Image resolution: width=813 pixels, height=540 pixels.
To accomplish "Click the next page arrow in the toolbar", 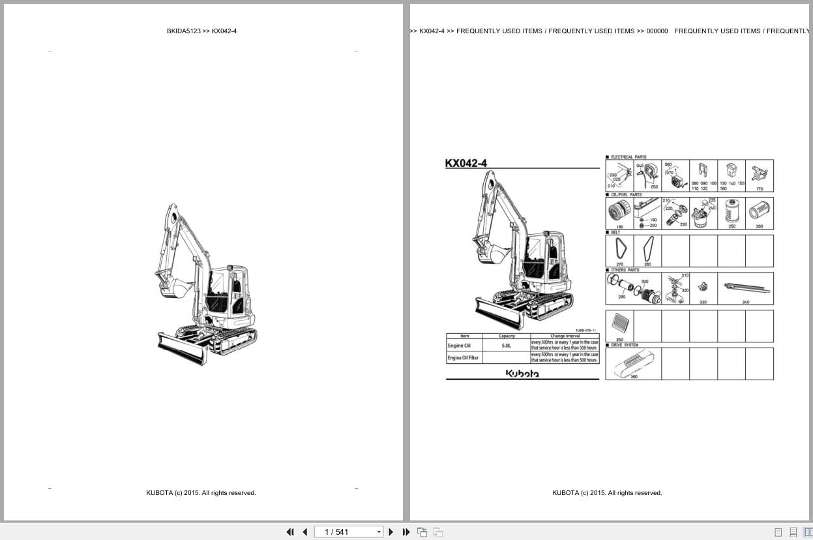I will (x=391, y=532).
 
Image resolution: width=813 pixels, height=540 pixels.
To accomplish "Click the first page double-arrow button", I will (x=290, y=532).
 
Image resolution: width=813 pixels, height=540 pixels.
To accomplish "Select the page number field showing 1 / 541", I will (x=346, y=532).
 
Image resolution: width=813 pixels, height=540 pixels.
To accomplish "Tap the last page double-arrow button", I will (x=406, y=532).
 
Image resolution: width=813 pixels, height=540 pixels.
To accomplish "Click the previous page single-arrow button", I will (x=304, y=532).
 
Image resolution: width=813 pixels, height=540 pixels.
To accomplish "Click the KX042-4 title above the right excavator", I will (x=466, y=164).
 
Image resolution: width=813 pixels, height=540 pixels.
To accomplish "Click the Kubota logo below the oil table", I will (x=522, y=374).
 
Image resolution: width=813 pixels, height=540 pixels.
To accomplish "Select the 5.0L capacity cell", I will (x=507, y=346).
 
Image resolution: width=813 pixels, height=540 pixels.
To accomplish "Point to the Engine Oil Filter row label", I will (x=463, y=358).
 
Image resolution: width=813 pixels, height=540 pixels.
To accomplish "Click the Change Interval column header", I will (x=565, y=336).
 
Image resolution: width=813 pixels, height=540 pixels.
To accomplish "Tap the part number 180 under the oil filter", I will (x=619, y=227).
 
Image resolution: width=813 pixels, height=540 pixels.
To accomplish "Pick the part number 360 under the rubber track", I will (x=634, y=377).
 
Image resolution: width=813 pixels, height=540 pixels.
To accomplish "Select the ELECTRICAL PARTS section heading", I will (x=628, y=157).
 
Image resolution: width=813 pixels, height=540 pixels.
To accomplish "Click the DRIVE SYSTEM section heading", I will (x=625, y=345).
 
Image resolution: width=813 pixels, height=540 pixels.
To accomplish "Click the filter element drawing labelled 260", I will (x=759, y=211).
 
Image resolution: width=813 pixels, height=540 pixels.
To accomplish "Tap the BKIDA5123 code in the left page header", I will (x=183, y=31).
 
